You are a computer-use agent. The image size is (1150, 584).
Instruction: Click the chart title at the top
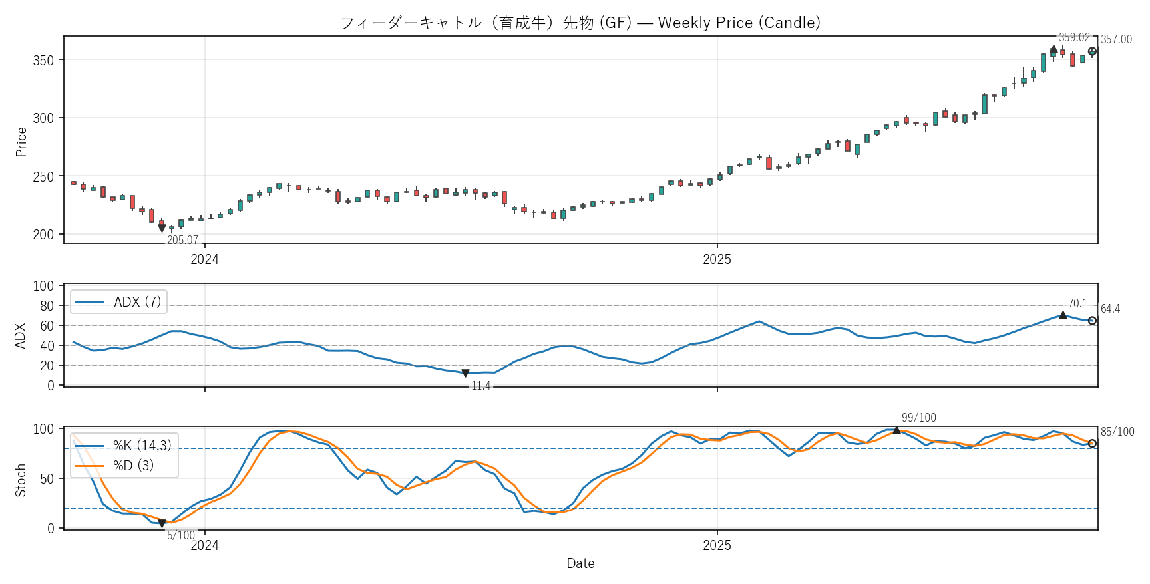point(580,23)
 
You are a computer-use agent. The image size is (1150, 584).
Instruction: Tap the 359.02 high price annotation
point(1074,38)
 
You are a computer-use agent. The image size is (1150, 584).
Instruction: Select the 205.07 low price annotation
point(182,240)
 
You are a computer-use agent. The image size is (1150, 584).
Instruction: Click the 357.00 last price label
point(1116,39)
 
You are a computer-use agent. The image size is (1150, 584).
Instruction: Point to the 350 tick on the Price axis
point(43,60)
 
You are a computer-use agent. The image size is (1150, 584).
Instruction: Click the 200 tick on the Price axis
point(43,235)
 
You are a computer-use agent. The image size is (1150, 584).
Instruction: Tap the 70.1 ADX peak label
point(1077,303)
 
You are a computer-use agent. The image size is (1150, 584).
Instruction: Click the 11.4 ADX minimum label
point(480,386)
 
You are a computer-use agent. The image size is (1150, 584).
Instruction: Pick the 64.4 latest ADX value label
point(1110,309)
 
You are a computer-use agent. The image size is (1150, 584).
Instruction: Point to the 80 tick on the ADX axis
point(47,306)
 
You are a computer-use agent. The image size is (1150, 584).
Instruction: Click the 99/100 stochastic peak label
point(918,418)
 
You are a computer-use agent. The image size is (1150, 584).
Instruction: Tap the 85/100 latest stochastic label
point(1117,432)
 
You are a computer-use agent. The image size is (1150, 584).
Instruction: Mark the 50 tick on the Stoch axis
point(47,479)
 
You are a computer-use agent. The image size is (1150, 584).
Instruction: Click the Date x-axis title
point(580,563)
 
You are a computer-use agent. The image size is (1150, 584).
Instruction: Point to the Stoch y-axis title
point(21,480)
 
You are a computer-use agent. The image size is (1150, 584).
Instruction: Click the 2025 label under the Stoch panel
point(717,546)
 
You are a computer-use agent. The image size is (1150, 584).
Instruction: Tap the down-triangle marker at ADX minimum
point(465,374)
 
